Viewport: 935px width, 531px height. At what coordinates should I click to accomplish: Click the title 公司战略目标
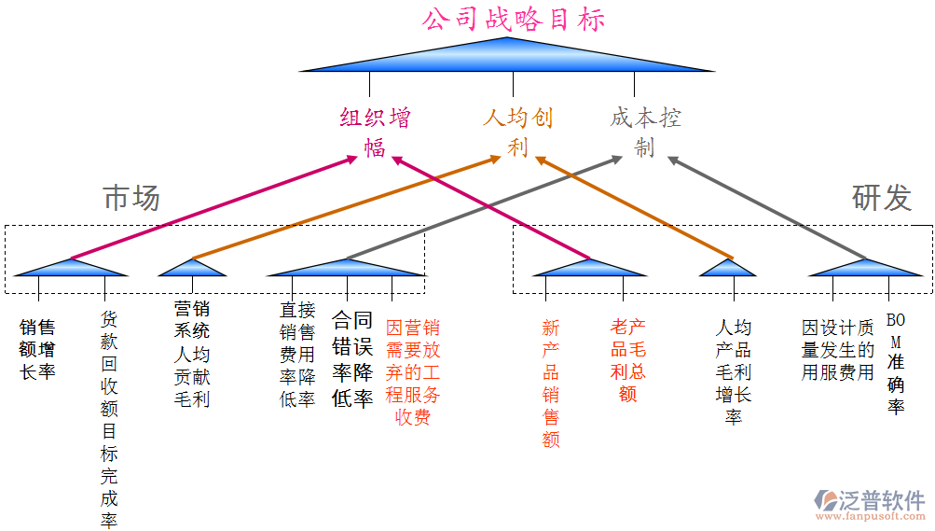tap(513, 20)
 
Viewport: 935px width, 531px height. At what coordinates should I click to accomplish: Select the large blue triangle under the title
tap(507, 58)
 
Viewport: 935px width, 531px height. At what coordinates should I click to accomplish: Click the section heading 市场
tap(131, 198)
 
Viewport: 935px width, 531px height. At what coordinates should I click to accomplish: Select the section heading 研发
tap(881, 198)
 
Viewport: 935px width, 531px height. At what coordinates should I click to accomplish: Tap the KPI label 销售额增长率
tap(38, 350)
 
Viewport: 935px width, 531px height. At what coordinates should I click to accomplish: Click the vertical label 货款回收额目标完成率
tap(110, 420)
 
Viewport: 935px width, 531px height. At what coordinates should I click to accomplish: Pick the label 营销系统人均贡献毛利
tap(192, 353)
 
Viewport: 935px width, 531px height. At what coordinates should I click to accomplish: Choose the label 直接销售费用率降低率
tap(297, 354)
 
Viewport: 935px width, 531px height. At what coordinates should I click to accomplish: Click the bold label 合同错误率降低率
tap(352, 359)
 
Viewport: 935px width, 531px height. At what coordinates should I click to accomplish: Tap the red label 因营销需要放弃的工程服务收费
tap(412, 371)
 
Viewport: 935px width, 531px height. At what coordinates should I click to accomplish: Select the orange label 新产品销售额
tap(551, 383)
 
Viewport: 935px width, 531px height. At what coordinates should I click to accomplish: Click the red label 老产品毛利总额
tap(627, 359)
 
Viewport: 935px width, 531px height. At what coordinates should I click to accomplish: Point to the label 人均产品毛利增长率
tap(734, 371)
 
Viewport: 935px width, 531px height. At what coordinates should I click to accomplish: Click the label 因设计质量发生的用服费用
tap(837, 350)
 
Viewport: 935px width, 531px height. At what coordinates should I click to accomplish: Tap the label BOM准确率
tap(896, 364)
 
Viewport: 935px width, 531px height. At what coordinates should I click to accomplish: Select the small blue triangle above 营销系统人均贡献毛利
tap(192, 268)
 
